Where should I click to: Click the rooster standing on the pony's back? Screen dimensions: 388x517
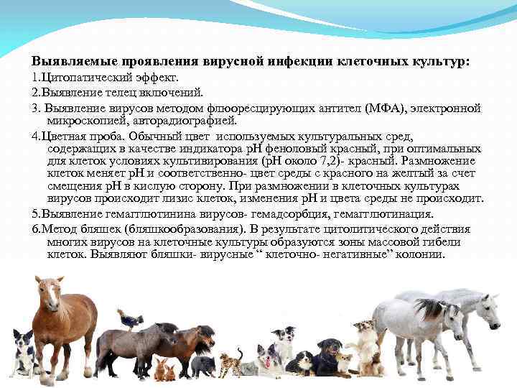click(x=129, y=319)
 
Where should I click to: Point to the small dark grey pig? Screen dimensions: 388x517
click(x=203, y=365)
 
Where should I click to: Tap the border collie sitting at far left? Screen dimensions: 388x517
click(x=22, y=352)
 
